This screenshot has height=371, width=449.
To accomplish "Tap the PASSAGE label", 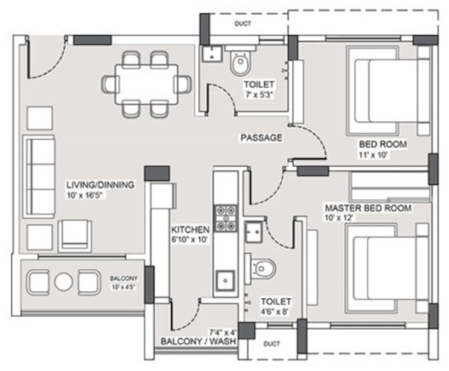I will (x=260, y=138).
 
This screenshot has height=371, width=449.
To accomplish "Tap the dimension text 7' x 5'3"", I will (x=259, y=95).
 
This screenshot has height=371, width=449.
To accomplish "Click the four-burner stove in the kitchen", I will (x=224, y=217).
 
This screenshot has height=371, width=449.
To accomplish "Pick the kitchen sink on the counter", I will (x=224, y=280).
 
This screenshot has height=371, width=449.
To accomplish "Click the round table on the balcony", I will (x=63, y=281).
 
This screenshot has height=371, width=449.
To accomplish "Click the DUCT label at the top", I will (x=242, y=24).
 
